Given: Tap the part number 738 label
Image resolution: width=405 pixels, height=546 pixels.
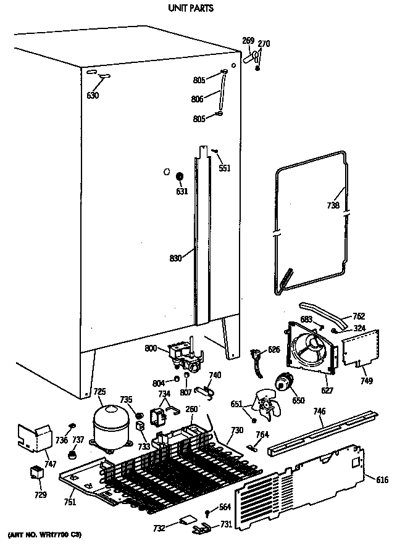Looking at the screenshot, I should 333,205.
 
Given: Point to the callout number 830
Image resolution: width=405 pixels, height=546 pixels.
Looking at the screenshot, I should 175,259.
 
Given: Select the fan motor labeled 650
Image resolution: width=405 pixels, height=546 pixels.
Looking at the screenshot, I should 285,384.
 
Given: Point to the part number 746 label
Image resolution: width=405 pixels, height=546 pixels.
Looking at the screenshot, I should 319,410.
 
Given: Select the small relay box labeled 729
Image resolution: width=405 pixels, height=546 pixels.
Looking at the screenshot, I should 36,473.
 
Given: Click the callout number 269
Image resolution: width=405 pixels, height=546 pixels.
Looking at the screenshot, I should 248,41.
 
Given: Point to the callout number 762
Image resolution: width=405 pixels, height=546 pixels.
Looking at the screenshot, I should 358,316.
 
